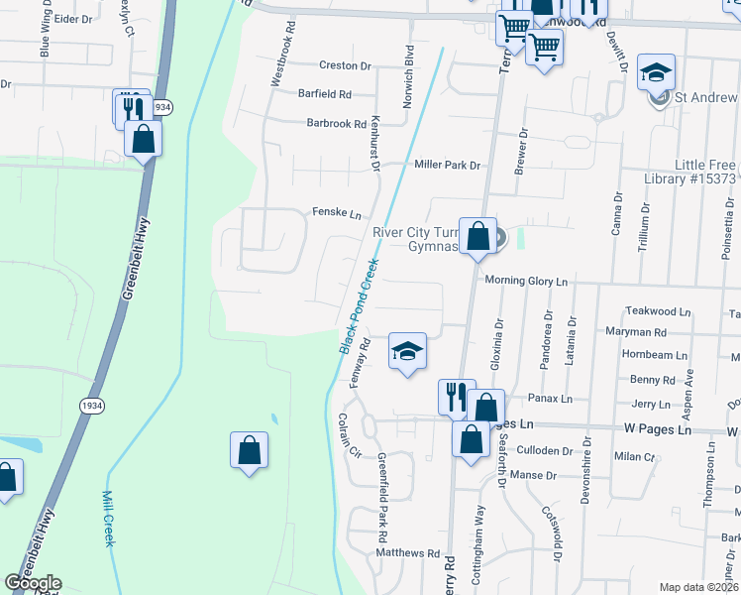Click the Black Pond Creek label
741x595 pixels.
pyautogui.click(x=360, y=306)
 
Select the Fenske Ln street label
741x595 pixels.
pyautogui.click(x=335, y=212)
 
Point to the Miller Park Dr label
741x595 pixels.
pyautogui.click(x=447, y=165)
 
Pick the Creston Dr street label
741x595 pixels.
pyautogui.click(x=344, y=65)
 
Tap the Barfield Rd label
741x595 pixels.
pyautogui.click(x=325, y=94)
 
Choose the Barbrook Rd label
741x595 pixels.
pyautogui.click(x=337, y=124)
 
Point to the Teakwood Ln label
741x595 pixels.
pyautogui.click(x=659, y=311)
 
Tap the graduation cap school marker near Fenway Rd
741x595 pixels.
pyautogui.click(x=407, y=351)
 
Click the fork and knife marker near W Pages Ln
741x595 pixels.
pyautogui.click(x=456, y=396)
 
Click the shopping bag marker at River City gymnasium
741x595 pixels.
pyautogui.click(x=477, y=237)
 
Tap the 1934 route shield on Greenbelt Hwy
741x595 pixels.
pyautogui.click(x=91, y=406)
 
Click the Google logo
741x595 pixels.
pyautogui.click(x=33, y=583)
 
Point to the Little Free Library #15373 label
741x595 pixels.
pyautogui.click(x=691, y=172)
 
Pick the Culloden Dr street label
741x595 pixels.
pyautogui.click(x=546, y=450)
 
